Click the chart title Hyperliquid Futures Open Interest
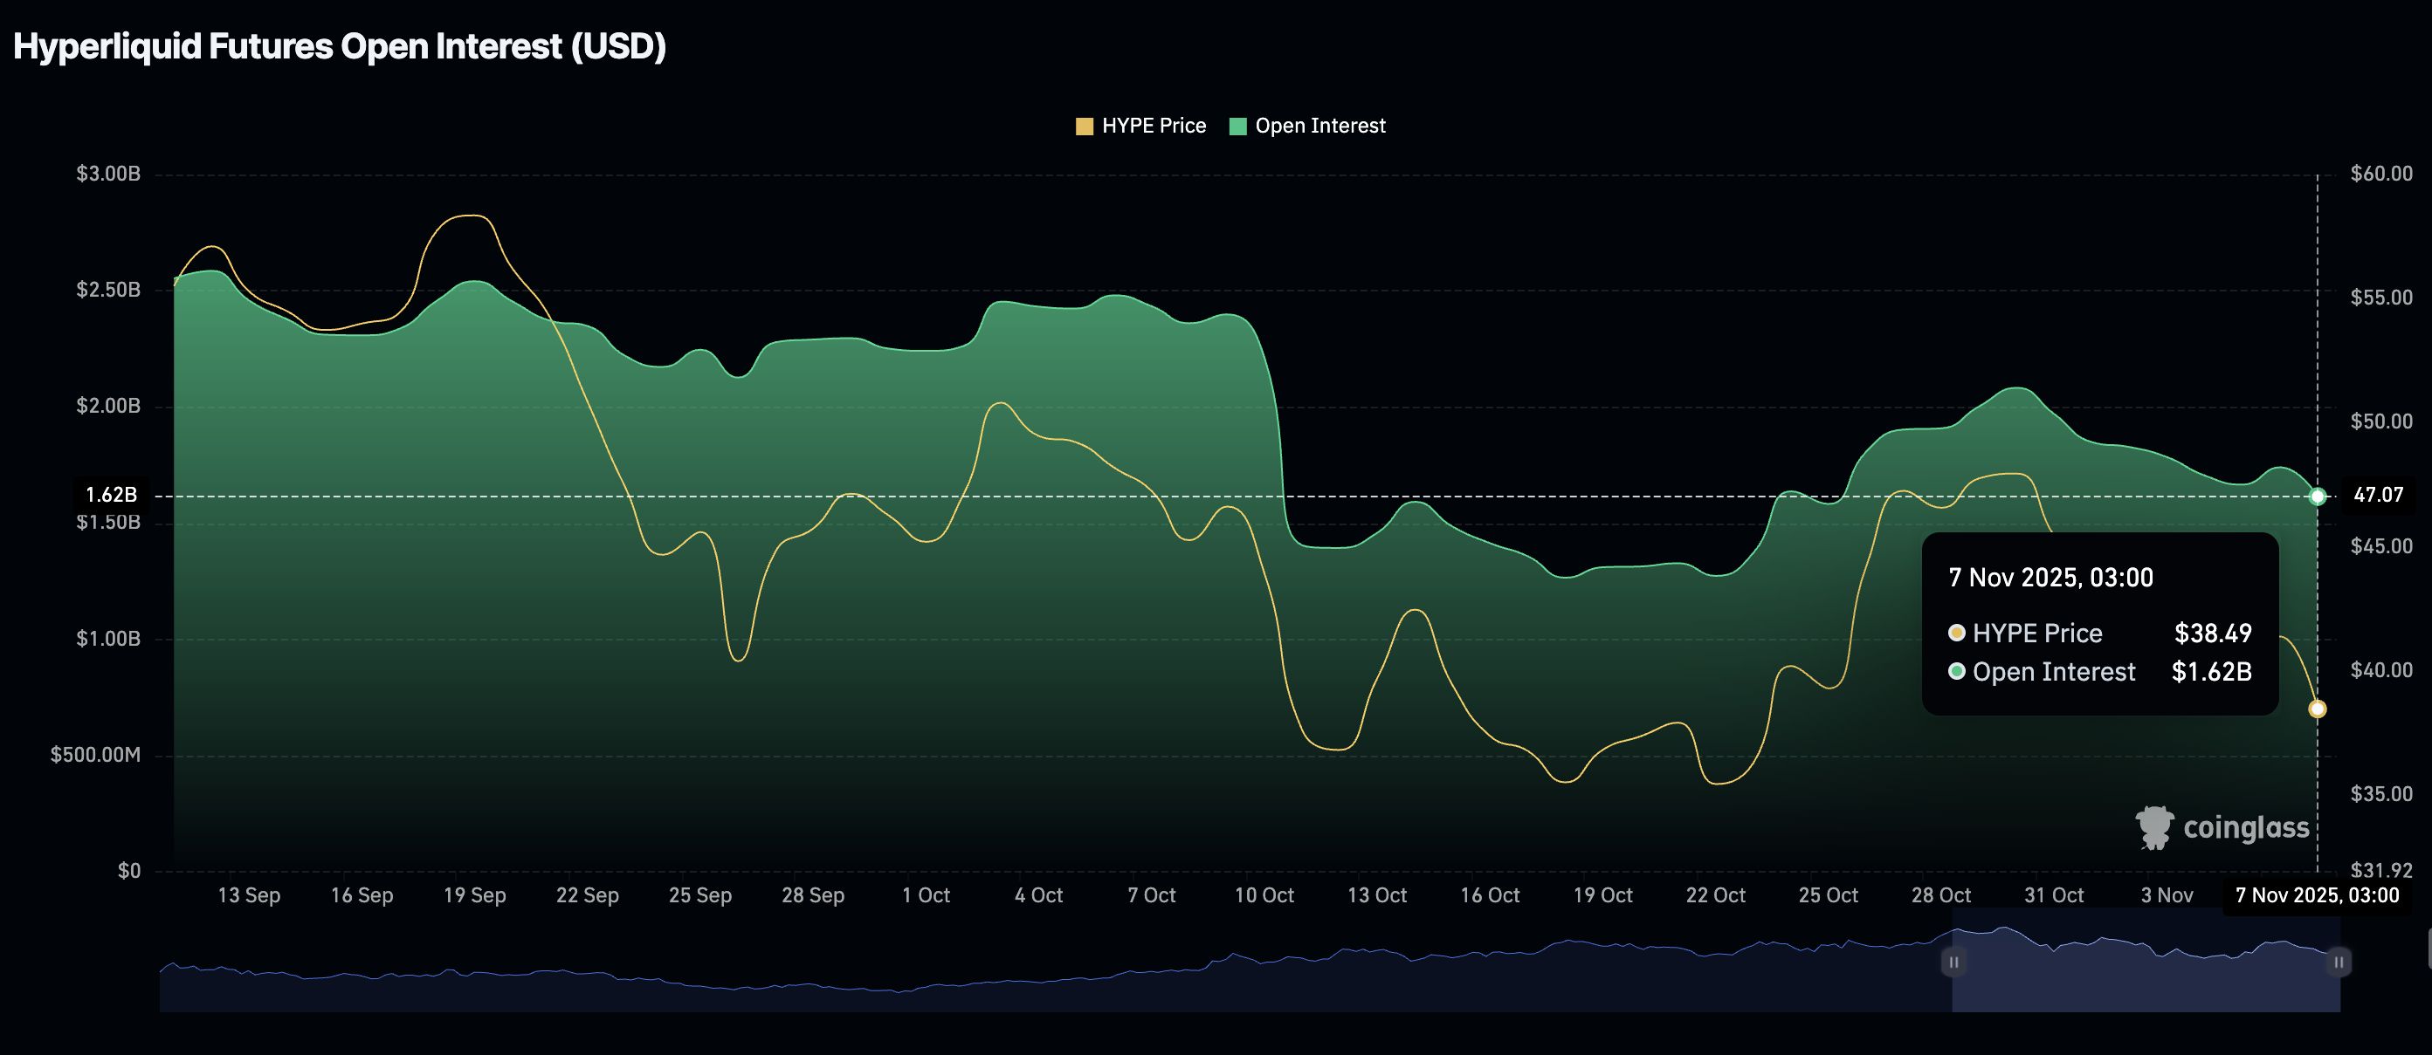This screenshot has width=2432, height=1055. point(340,46)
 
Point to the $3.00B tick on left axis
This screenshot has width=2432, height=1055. point(108,174)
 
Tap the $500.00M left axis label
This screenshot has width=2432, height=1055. point(95,755)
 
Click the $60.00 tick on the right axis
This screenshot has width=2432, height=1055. point(2381,174)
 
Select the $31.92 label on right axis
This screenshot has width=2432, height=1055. point(2381,870)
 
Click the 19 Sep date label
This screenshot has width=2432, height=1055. point(475,894)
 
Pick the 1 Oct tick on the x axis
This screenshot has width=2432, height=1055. point(927,894)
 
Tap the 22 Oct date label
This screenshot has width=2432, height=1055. point(1715,894)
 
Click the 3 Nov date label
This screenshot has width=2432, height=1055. point(2167,894)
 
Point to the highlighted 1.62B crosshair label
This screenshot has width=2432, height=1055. point(112,496)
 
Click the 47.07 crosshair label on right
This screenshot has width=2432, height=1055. point(2378,496)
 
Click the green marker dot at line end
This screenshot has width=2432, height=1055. point(2318,497)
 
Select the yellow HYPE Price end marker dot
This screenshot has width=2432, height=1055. point(2318,709)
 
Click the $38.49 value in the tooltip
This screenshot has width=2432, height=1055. point(2212,634)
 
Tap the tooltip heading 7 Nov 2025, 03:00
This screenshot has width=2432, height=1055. point(2050,578)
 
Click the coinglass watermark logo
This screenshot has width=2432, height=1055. point(2222,827)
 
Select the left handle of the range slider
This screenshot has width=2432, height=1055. point(1953,963)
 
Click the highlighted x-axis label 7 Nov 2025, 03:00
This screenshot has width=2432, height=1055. point(2317,894)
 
